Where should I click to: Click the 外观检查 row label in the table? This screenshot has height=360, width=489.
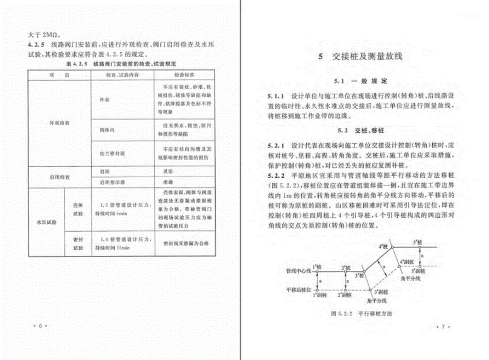[x=60, y=124]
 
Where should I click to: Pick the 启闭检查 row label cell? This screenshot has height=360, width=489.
[x=60, y=176]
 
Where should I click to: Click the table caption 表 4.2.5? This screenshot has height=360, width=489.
[x=121, y=64]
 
